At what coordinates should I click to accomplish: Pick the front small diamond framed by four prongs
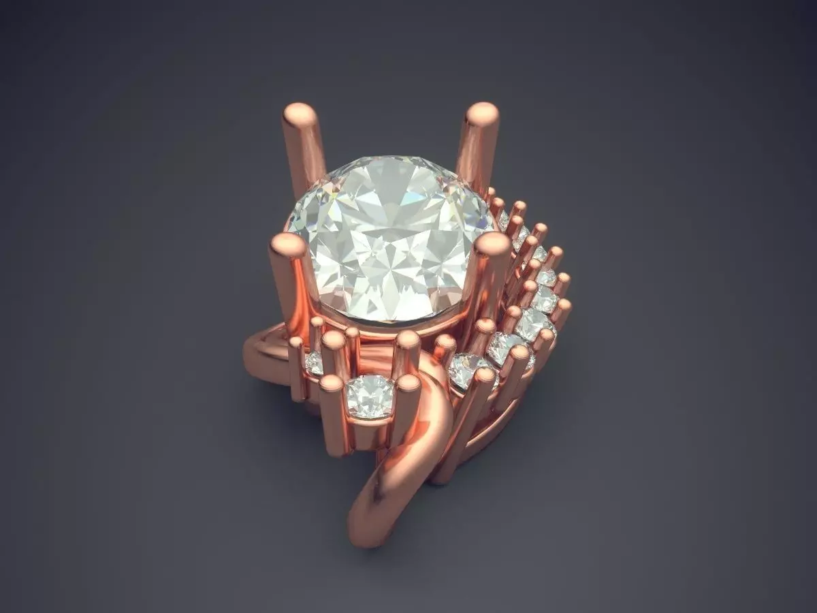[x=370, y=396]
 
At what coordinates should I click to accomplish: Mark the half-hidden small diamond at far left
[x=314, y=362]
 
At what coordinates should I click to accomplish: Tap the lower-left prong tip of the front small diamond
[x=331, y=384]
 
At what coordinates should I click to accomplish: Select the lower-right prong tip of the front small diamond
[x=408, y=384]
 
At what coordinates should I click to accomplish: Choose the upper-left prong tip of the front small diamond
[x=334, y=339]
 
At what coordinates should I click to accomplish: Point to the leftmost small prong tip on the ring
[x=295, y=342]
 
